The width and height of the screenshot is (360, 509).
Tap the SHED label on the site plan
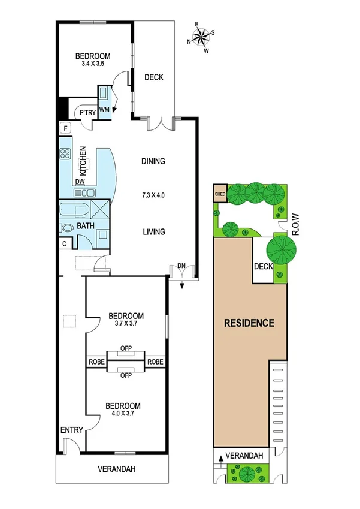(x=220, y=194)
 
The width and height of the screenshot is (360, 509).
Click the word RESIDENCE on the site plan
(x=249, y=323)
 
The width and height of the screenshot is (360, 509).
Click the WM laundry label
(x=104, y=109)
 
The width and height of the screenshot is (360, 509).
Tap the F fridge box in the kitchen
(x=65, y=128)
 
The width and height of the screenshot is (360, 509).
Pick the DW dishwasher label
(x=80, y=182)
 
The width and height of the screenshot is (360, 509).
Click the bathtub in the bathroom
(x=75, y=211)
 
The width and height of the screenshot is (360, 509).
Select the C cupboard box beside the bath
(x=65, y=243)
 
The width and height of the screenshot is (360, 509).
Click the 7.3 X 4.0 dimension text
(x=153, y=196)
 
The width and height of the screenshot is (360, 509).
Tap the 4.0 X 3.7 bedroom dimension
(x=126, y=415)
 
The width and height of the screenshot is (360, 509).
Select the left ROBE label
(x=96, y=362)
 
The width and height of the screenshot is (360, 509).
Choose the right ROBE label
(x=156, y=362)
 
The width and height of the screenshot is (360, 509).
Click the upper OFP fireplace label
(x=126, y=347)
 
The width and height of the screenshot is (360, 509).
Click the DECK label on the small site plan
(x=263, y=267)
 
